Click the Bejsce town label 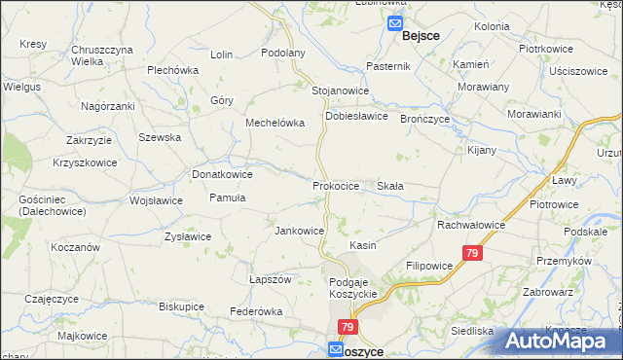[420, 36]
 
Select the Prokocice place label [337, 185]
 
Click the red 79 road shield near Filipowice [472, 254]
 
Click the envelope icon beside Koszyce [336, 349]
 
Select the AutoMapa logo [562, 341]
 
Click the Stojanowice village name [340, 90]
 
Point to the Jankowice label [300, 231]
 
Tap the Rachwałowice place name [470, 224]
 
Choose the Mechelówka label [275, 124]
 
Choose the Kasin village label [363, 246]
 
